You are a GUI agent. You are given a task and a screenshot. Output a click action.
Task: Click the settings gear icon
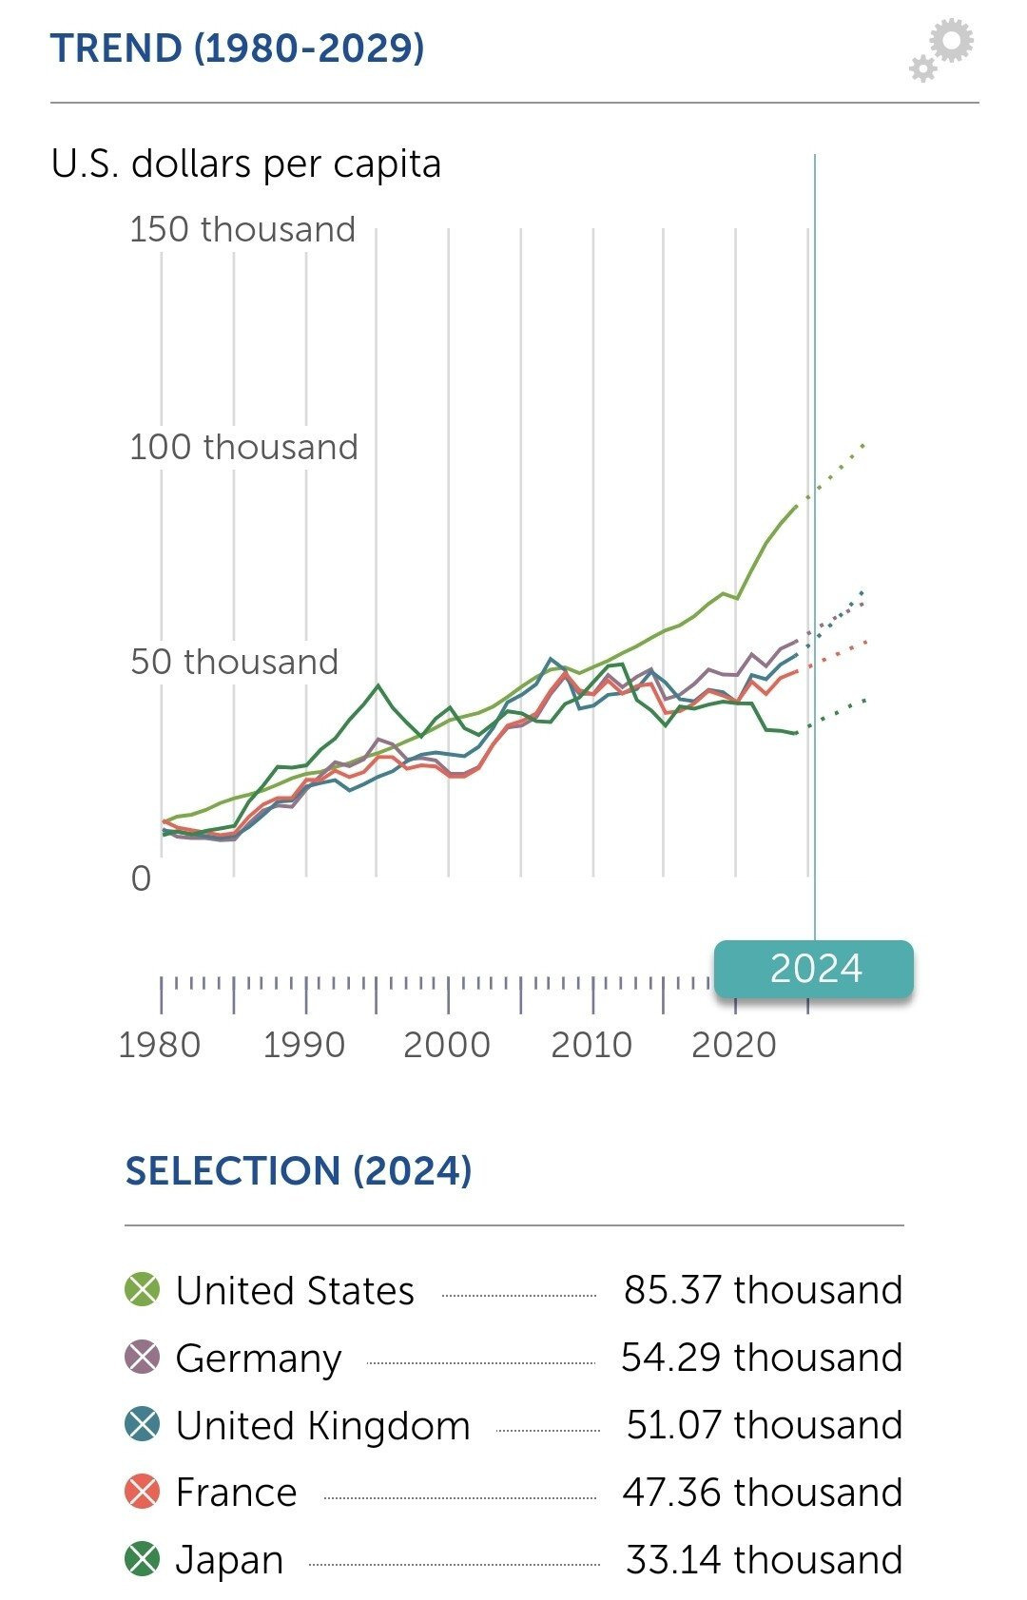pyautogui.click(x=942, y=50)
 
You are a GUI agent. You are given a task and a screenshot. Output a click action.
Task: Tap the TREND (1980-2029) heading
pyautogui.click(x=237, y=48)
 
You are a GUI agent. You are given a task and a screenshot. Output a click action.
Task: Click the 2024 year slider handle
pyautogui.click(x=814, y=969)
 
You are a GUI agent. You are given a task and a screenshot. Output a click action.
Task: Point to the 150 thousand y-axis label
pyautogui.click(x=242, y=229)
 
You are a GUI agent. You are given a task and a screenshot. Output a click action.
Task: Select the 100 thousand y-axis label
pyautogui.click(x=243, y=447)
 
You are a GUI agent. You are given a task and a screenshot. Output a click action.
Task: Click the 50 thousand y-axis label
pyautogui.click(x=234, y=662)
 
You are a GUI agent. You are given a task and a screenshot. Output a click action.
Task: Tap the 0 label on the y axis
pyautogui.click(x=141, y=878)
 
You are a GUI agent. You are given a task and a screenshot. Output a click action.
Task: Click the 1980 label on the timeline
pyautogui.click(x=159, y=1045)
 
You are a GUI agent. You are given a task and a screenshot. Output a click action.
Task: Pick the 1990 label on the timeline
pyautogui.click(x=303, y=1045)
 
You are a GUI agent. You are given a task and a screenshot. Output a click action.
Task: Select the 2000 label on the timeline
pyautogui.click(x=447, y=1045)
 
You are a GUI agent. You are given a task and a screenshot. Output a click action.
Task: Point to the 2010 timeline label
pyautogui.click(x=591, y=1045)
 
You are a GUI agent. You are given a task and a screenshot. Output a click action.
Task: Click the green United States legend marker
pyautogui.click(x=143, y=1290)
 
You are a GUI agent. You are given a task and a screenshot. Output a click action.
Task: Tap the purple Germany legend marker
pyautogui.click(x=143, y=1358)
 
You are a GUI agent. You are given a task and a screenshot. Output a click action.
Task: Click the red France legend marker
pyautogui.click(x=143, y=1492)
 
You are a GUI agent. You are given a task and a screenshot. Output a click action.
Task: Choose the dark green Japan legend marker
pyautogui.click(x=143, y=1559)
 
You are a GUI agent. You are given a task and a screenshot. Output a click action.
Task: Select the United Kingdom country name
pyautogui.click(x=323, y=1425)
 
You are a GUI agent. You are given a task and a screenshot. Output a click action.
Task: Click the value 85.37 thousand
pyautogui.click(x=763, y=1290)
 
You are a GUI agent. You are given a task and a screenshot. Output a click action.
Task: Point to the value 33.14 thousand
pyautogui.click(x=764, y=1559)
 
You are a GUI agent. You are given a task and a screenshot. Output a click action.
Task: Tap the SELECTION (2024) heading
pyautogui.click(x=299, y=1170)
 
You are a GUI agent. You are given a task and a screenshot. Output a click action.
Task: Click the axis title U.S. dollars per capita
pyautogui.click(x=246, y=164)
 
